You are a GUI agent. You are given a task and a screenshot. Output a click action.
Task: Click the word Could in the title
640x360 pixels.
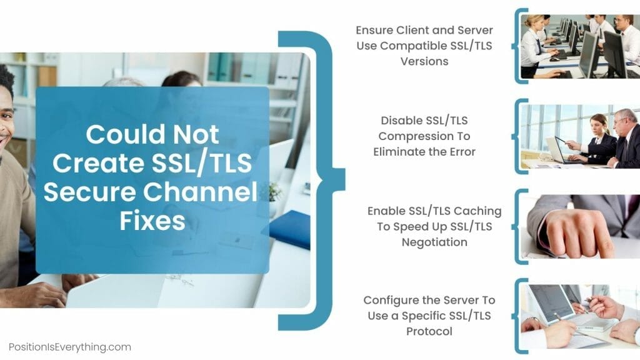(124, 134)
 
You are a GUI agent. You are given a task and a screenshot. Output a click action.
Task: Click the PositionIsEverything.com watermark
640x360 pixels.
(70, 347)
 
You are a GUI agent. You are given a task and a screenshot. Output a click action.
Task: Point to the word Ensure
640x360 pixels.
(375, 30)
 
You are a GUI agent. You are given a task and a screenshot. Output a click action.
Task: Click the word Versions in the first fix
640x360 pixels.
(424, 61)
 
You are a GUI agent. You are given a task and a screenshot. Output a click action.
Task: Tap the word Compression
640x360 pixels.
(412, 136)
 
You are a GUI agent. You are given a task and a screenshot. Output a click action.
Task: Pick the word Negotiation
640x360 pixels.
(435, 242)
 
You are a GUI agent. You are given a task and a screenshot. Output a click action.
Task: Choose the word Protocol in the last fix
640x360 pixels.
(429, 331)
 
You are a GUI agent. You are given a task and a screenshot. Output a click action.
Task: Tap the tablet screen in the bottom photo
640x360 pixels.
(549, 302)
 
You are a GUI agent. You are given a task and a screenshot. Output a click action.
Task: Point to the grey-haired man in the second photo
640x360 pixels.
(622, 139)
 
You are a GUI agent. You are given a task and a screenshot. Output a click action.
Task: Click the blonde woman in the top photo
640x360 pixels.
(534, 46)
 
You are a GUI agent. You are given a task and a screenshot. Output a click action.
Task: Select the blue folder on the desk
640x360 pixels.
(290, 229)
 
